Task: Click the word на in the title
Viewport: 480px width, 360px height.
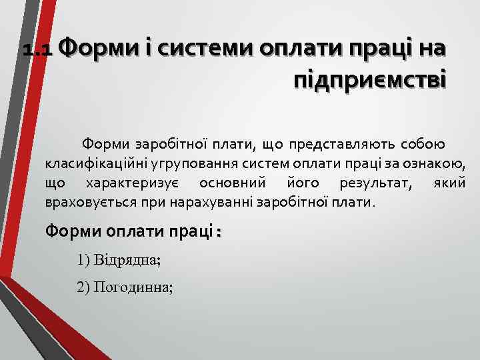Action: [431, 48]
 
